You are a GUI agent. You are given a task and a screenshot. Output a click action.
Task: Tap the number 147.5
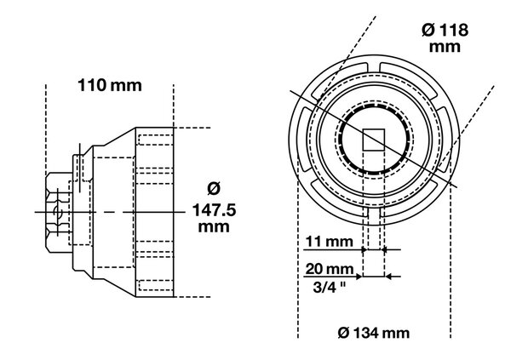pos(213,209)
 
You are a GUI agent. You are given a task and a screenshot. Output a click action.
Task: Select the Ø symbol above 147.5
pos(213,188)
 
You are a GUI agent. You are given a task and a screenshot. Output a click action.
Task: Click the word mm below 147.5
pos(213,228)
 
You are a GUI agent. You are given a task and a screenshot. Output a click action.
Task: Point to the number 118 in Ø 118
pos(451,30)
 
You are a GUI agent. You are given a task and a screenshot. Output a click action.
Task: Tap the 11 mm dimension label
pos(329,242)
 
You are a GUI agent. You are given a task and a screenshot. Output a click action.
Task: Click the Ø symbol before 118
pos(424,30)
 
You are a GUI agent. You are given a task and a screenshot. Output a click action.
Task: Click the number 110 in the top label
pos(92,86)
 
